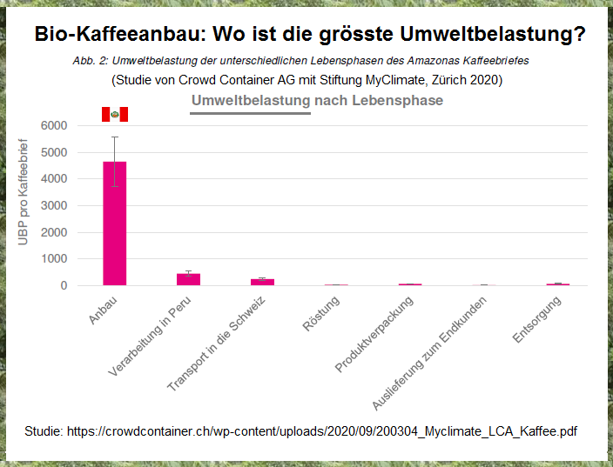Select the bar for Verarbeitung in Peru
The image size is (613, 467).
click(189, 279)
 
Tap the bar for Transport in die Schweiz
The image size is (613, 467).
click(262, 282)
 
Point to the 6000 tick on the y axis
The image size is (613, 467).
click(53, 125)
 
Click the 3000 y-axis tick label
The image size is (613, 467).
click(53, 205)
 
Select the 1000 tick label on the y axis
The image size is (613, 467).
click(53, 259)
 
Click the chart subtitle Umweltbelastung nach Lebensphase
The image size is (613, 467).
click(317, 101)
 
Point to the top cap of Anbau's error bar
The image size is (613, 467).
click(115, 137)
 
